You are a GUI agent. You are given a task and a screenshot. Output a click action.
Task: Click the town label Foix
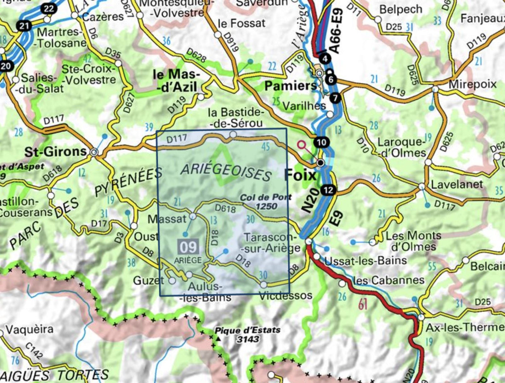click(301, 175)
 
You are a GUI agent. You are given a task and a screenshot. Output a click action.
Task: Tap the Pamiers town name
click(290, 86)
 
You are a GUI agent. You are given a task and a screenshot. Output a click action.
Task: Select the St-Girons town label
click(56, 152)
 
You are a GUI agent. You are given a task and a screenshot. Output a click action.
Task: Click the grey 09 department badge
click(189, 247)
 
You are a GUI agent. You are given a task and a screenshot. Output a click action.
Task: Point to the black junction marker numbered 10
click(321, 142)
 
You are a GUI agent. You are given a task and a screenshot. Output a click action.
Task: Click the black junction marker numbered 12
click(328, 190)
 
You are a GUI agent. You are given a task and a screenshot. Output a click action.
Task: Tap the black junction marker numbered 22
click(49, 9)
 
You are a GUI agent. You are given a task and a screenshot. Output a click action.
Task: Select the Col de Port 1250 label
click(266, 201)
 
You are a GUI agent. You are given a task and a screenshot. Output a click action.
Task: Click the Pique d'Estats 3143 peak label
click(248, 335)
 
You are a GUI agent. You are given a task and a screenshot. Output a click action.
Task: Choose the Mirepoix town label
click(472, 84)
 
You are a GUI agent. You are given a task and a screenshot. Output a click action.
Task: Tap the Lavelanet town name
click(457, 184)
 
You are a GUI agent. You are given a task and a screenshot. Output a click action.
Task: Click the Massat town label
click(167, 219)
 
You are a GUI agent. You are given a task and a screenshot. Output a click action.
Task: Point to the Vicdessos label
click(285, 296)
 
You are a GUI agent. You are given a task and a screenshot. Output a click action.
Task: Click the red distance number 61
click(362, 305)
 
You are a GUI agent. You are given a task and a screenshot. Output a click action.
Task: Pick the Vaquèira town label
click(29, 329)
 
